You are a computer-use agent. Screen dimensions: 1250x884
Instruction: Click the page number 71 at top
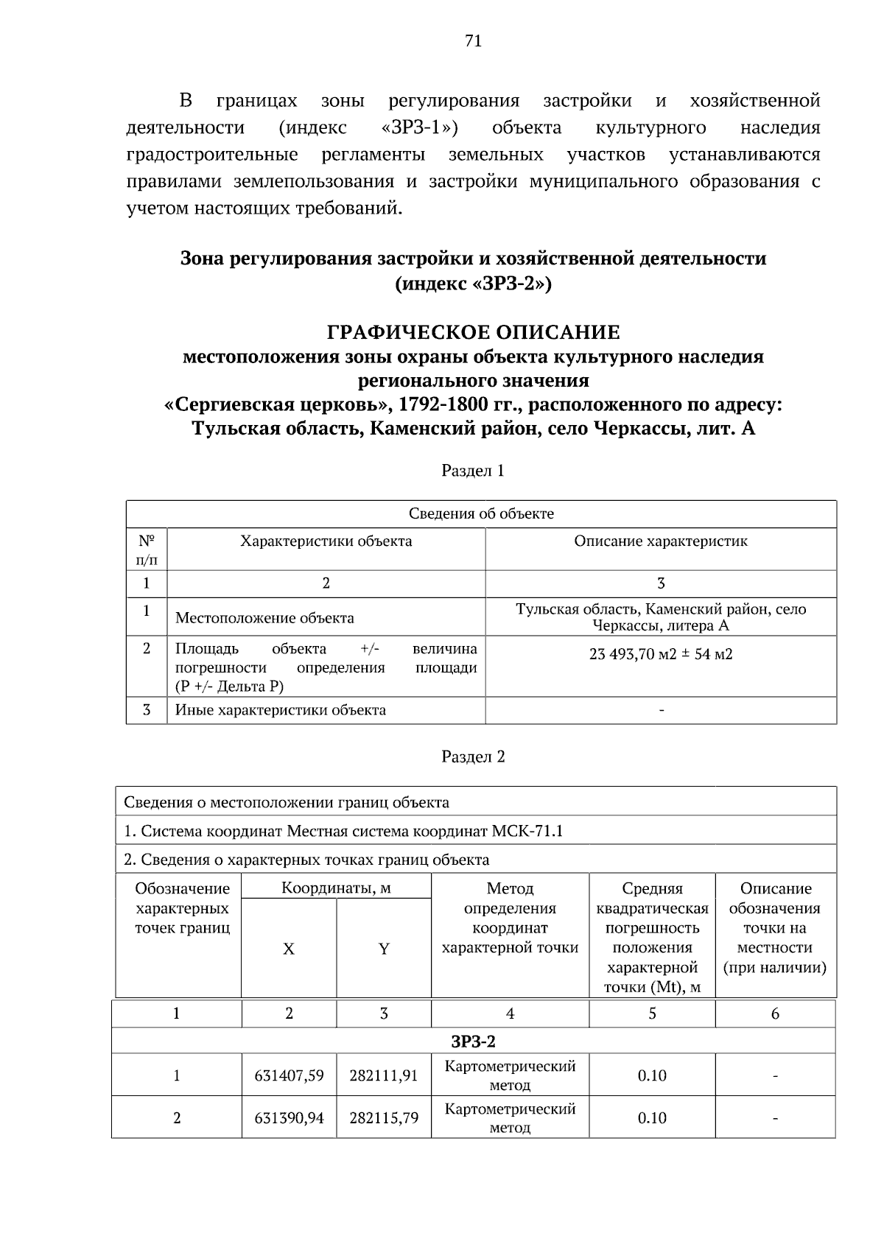[x=473, y=41]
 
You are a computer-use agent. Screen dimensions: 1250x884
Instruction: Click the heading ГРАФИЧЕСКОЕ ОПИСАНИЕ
[x=473, y=332]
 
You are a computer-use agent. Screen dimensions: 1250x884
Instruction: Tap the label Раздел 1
[x=473, y=471]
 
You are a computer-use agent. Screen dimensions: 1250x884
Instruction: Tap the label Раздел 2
[x=473, y=756]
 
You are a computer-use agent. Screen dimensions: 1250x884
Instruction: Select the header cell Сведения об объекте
[x=481, y=513]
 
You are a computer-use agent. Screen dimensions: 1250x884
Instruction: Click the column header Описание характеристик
[x=661, y=541]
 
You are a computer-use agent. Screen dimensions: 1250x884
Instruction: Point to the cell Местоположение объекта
[x=264, y=618]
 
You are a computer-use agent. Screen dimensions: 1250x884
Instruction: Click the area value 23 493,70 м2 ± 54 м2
[x=661, y=653]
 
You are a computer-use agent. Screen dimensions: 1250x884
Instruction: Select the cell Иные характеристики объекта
[x=281, y=710]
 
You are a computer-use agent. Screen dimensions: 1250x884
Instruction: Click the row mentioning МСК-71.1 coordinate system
[x=343, y=831]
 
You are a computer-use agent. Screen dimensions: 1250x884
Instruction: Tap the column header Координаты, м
[x=336, y=888]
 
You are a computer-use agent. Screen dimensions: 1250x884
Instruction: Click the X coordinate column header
[x=289, y=949]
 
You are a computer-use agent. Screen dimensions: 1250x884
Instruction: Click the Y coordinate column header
[x=384, y=949]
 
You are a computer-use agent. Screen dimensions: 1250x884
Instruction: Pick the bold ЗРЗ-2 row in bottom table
[x=473, y=1041]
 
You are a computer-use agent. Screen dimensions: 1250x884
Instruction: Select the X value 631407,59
[x=289, y=1075]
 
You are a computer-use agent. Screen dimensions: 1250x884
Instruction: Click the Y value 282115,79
[x=384, y=1118]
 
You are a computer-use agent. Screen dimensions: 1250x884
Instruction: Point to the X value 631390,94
[x=289, y=1118]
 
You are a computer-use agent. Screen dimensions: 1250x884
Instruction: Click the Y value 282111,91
[x=384, y=1075]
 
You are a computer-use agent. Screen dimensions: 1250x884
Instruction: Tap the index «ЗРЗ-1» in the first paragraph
[x=419, y=127]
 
